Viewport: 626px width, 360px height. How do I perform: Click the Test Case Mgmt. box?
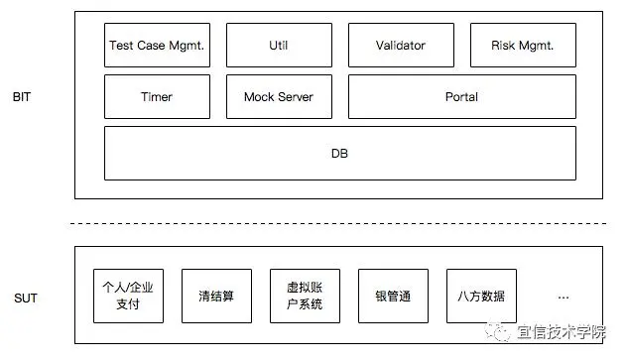coord(157,46)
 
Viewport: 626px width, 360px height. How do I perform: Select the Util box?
coord(279,46)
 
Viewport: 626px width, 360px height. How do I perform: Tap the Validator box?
coord(401,46)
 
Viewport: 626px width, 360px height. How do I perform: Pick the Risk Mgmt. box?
coord(522,46)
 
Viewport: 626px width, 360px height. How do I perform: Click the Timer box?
coord(157,97)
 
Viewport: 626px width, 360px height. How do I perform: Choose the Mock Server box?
coord(279,97)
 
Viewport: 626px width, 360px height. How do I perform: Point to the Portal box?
coord(461,97)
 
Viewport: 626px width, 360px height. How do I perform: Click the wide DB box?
coord(339,154)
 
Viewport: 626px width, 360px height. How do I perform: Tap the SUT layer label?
coord(26,297)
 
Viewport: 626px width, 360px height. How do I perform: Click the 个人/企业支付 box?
coord(128,296)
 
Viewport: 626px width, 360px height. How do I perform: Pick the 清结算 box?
coord(216,296)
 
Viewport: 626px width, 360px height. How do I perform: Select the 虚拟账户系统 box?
coord(305,296)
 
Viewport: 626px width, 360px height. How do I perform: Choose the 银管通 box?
coord(393,296)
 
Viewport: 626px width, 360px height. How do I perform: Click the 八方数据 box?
coord(481,296)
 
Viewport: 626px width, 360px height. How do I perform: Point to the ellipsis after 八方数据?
coord(563,297)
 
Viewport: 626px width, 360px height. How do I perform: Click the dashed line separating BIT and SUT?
coord(339,223)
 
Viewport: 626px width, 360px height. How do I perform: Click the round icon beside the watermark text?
coord(503,332)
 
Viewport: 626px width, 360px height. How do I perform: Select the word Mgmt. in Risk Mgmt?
coord(537,46)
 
